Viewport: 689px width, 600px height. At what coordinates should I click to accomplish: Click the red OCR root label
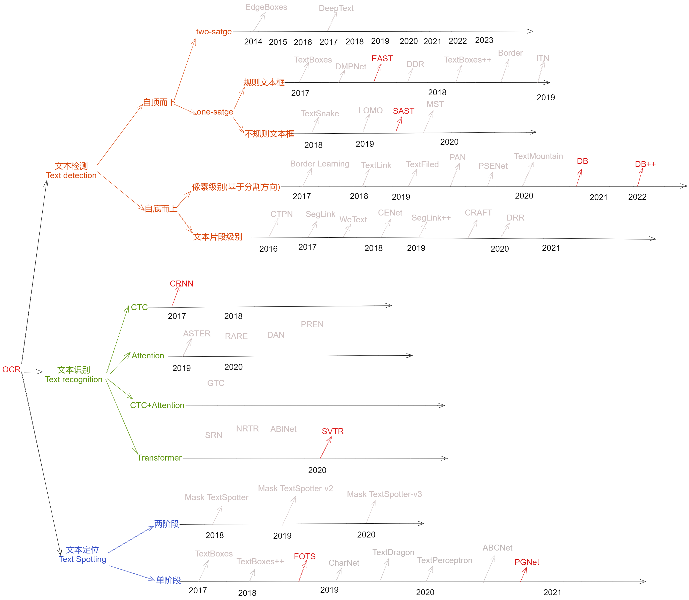point(11,369)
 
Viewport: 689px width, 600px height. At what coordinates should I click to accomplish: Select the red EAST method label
point(382,59)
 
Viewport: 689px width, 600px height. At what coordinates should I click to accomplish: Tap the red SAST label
point(403,111)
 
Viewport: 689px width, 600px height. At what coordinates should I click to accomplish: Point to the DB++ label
point(645,164)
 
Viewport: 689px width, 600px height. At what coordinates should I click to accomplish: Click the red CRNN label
point(181,284)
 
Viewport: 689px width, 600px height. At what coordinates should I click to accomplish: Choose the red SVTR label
point(332,431)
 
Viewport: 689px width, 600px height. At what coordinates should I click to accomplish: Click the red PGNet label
point(527,562)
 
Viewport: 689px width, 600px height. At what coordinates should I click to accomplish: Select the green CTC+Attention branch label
point(157,405)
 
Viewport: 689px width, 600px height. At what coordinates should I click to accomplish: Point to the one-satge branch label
point(215,112)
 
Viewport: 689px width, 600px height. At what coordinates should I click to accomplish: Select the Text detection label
point(71,175)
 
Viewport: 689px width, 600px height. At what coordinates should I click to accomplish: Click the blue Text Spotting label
point(83,559)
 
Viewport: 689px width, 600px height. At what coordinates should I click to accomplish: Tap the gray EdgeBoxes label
point(266,7)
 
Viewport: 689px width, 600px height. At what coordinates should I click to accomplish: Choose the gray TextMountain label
point(538,156)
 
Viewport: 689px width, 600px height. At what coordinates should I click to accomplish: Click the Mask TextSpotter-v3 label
point(384,494)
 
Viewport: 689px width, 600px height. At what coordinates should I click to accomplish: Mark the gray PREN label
point(312,325)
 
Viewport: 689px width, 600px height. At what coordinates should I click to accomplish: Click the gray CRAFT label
point(478,213)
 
